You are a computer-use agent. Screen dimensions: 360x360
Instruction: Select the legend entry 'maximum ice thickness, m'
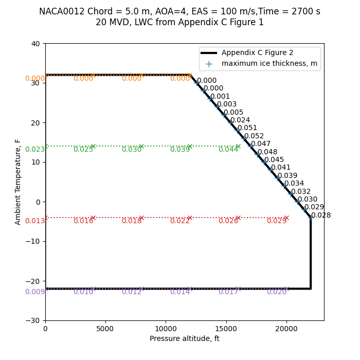(269, 64)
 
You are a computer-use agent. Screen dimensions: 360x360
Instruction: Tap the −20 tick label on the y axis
(33, 281)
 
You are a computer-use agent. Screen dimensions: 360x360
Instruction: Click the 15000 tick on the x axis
(226, 320)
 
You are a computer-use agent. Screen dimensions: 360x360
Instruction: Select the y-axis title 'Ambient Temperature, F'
(18, 182)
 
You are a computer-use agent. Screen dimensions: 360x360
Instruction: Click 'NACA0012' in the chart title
(59, 11)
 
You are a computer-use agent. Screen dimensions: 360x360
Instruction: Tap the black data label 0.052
(254, 136)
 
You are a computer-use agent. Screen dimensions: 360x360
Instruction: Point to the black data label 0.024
(240, 120)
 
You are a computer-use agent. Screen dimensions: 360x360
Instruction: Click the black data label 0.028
(321, 215)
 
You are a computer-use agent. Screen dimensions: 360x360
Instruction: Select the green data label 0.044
(228, 150)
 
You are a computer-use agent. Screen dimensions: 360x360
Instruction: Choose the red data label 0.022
(180, 221)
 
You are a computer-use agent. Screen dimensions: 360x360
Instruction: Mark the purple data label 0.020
(276, 292)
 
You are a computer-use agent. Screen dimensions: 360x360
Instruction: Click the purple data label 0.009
(35, 292)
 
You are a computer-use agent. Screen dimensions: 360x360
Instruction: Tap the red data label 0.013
(35, 221)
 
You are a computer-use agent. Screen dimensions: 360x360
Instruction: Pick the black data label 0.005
(233, 113)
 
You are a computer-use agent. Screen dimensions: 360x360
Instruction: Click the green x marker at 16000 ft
(238, 147)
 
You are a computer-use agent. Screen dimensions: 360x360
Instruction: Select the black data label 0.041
(281, 168)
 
